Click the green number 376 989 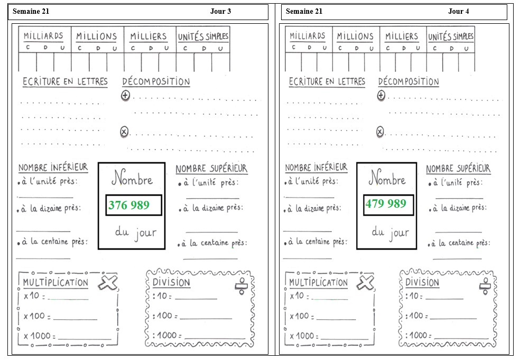click(129, 205)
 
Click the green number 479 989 click(386, 204)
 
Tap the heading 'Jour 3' click(220, 11)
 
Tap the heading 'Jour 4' click(459, 11)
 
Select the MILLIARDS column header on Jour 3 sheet click(43, 36)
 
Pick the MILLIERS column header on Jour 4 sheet click(402, 36)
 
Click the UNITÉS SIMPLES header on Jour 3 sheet click(203, 36)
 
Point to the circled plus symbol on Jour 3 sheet click(125, 96)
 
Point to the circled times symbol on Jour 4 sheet click(380, 132)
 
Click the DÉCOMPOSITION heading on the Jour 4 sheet click(408, 81)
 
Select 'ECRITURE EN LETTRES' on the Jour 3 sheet click(65, 81)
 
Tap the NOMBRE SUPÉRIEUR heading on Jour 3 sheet click(211, 169)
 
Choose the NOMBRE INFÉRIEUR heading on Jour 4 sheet click(316, 168)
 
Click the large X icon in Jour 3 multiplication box click(108, 283)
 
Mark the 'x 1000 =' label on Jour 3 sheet click(40, 336)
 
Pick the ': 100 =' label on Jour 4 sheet click(416, 316)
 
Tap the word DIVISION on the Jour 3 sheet click(171, 283)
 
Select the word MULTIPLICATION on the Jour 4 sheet click(318, 283)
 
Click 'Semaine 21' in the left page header click(31, 11)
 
